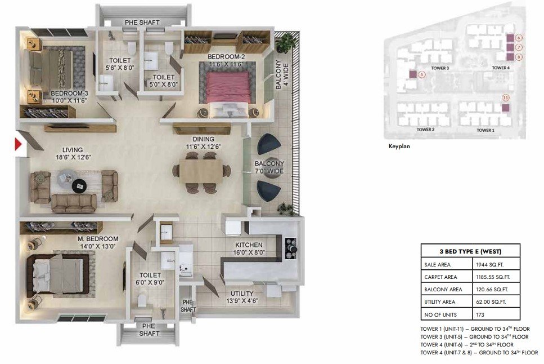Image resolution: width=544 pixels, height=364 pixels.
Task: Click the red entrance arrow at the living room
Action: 18,144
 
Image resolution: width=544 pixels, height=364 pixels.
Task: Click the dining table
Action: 201,171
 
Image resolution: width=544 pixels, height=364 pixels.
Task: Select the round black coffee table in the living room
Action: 80,185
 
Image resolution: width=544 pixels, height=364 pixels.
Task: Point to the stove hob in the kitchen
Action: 291,248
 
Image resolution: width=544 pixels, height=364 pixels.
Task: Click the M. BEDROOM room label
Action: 98,239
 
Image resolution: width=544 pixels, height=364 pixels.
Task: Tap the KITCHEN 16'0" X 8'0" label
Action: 249,248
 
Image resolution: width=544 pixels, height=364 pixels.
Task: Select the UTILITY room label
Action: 242,294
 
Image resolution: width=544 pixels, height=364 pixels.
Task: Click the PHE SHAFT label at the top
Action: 142,22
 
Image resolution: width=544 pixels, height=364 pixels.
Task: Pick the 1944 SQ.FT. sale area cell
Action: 489,265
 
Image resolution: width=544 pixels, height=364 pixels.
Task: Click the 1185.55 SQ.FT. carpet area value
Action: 493,277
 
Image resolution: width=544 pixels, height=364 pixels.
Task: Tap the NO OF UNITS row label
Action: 440,314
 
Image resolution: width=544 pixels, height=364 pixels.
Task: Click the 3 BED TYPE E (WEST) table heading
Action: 470,251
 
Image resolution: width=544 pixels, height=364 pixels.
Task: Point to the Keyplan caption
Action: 399,147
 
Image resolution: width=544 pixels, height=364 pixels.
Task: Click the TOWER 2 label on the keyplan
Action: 425,130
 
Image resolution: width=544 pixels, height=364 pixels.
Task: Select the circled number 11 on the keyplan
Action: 506,97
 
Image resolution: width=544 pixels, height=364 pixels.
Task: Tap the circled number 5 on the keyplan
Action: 421,74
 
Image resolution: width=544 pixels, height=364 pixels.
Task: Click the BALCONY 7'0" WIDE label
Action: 269,167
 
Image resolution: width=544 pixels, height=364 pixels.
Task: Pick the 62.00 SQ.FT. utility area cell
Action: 491,302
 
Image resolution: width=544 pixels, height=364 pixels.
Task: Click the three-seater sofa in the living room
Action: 74,203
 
